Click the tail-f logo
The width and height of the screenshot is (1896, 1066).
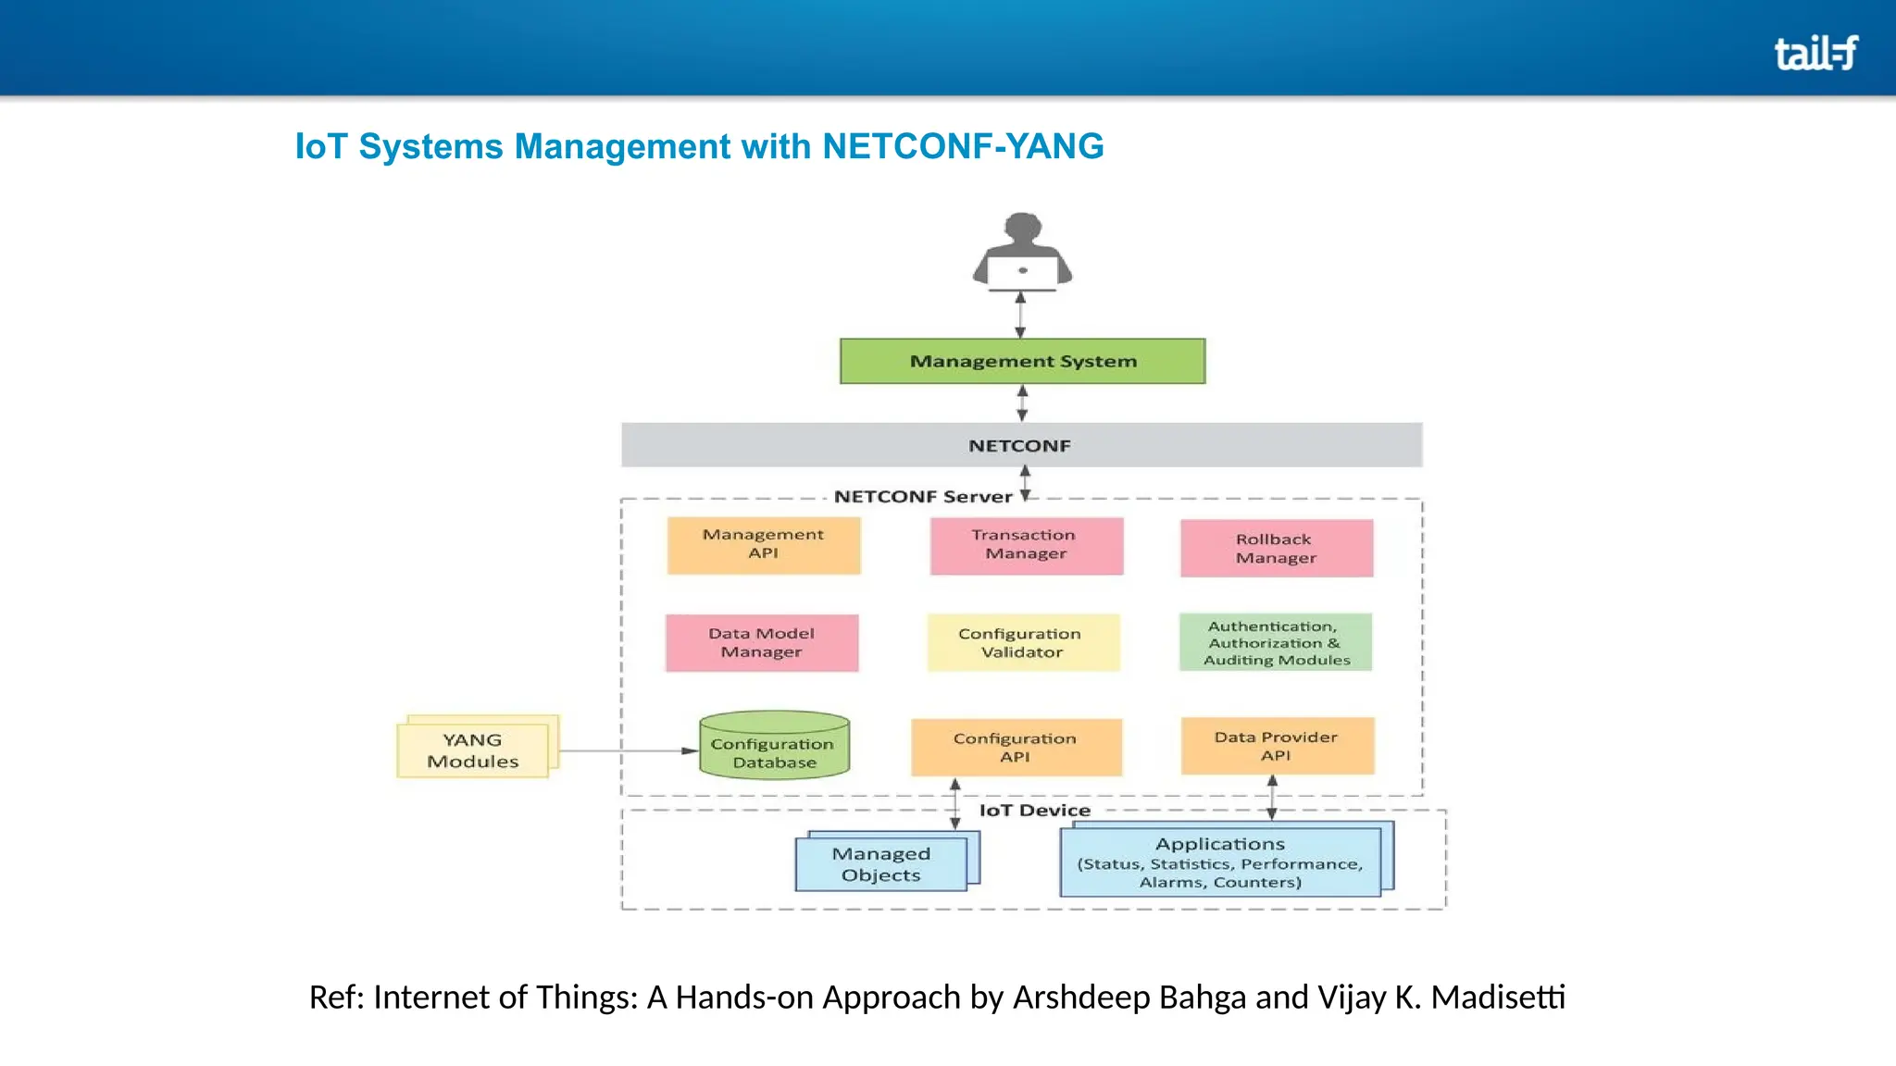1815,53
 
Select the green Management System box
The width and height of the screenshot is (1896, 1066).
1022,361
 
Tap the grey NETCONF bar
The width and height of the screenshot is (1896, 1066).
1021,445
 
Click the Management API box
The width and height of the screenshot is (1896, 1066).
764,545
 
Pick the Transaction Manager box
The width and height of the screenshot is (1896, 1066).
1026,545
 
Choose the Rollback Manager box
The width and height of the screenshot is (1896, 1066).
1276,549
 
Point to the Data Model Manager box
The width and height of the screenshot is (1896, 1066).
762,643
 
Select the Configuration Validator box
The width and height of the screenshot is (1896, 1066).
1023,643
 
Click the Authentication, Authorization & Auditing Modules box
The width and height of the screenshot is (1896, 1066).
1275,642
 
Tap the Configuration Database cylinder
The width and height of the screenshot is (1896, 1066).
774,746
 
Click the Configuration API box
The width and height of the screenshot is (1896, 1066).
1016,748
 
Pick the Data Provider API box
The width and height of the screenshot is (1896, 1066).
1277,746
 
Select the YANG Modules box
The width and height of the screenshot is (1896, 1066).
474,750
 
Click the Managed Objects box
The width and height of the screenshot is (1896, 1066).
881,864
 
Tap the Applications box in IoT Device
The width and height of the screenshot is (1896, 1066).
1220,862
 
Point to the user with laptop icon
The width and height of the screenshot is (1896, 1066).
1022,252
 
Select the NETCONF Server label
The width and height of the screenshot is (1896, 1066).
923,497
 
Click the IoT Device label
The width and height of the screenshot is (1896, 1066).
1034,811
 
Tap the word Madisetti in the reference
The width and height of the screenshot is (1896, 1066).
1498,998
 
